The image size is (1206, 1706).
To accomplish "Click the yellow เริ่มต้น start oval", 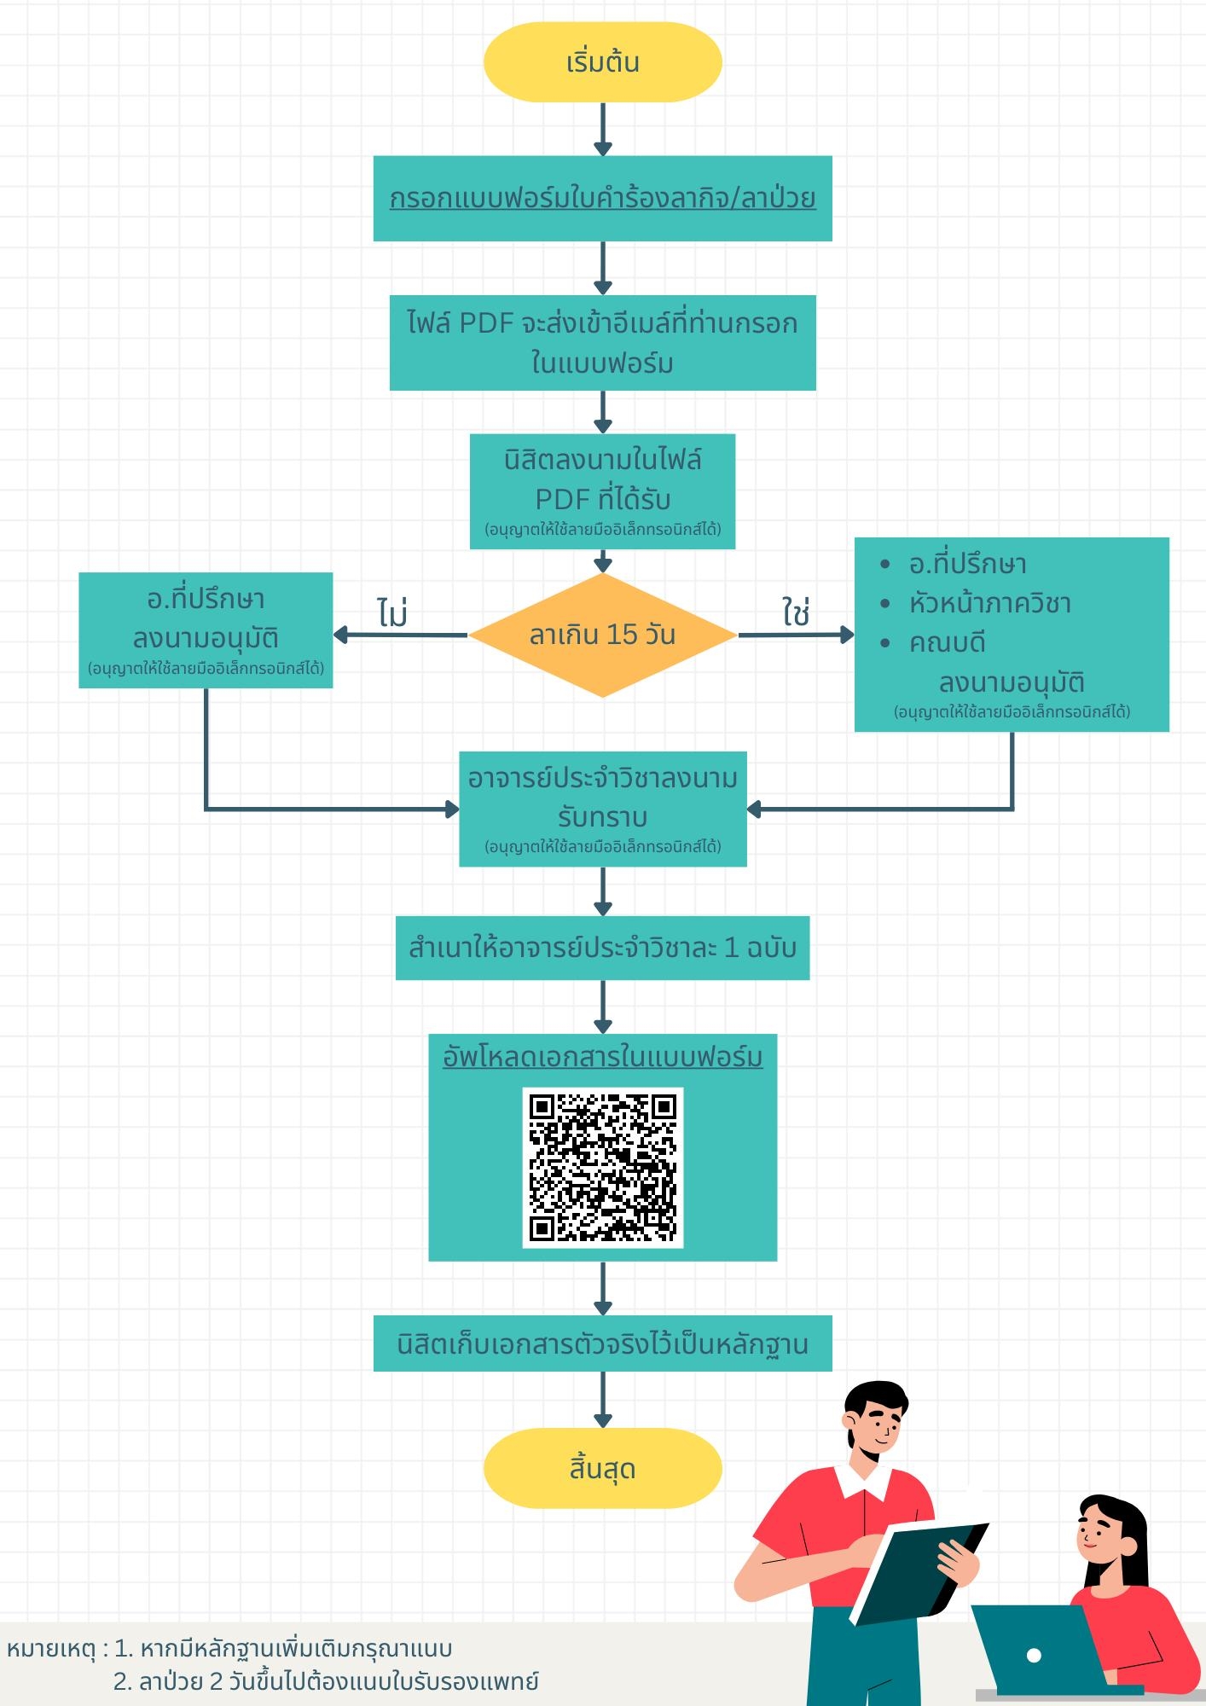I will click(602, 62).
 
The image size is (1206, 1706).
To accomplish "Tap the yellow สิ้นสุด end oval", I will click(602, 1469).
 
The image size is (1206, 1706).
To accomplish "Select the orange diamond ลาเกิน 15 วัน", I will click(602, 635).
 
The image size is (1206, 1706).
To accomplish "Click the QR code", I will click(602, 1167).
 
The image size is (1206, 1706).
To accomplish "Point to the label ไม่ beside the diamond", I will click(392, 612).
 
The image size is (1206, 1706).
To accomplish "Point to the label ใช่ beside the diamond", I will click(795, 612).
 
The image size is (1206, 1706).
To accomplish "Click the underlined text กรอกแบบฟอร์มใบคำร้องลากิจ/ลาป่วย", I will click(602, 199).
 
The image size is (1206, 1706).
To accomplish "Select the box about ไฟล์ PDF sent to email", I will click(602, 343).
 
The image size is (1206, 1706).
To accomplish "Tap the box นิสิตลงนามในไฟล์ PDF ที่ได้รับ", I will click(602, 490).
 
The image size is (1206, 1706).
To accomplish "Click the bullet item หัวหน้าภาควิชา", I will click(989, 604).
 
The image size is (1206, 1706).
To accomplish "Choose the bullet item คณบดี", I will click(947, 642).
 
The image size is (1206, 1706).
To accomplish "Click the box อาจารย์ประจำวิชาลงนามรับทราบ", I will click(602, 808).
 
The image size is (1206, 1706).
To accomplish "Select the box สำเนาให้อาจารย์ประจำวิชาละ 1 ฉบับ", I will click(602, 948).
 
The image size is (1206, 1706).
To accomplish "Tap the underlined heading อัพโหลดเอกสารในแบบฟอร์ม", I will click(602, 1057).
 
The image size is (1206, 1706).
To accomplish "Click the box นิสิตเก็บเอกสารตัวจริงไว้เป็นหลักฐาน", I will click(602, 1343).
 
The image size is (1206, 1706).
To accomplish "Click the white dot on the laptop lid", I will click(1034, 1656).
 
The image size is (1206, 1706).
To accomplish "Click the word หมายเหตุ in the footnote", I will click(50, 1649).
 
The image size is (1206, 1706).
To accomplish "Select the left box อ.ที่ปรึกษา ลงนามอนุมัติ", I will click(206, 630).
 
